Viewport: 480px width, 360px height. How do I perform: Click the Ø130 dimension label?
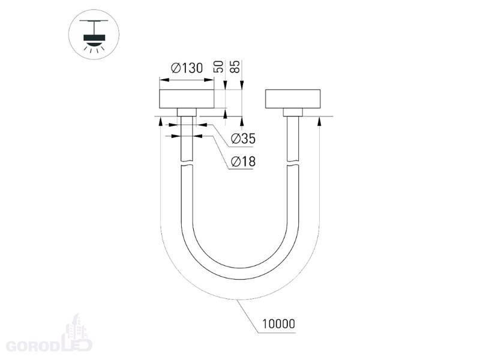point(187,68)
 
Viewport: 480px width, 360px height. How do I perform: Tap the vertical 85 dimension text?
point(235,67)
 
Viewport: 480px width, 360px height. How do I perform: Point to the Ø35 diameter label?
point(243,139)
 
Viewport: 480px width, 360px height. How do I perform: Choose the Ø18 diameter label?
point(243,161)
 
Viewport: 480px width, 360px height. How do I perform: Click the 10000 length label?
point(278,323)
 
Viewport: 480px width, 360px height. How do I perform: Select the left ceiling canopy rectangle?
point(187,99)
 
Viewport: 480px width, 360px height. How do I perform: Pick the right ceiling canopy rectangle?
point(293,99)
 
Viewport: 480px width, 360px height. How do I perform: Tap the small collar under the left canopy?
point(187,112)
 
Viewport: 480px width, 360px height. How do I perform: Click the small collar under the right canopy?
point(293,112)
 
